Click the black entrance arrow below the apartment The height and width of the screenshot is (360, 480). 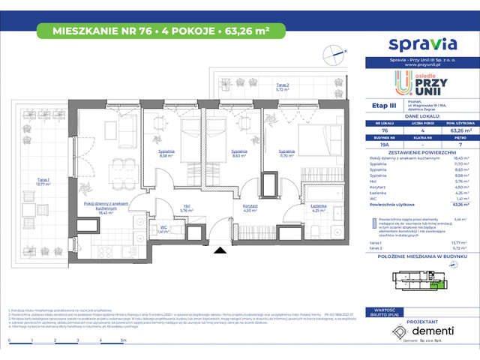218,252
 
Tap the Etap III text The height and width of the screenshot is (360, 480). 384,107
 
